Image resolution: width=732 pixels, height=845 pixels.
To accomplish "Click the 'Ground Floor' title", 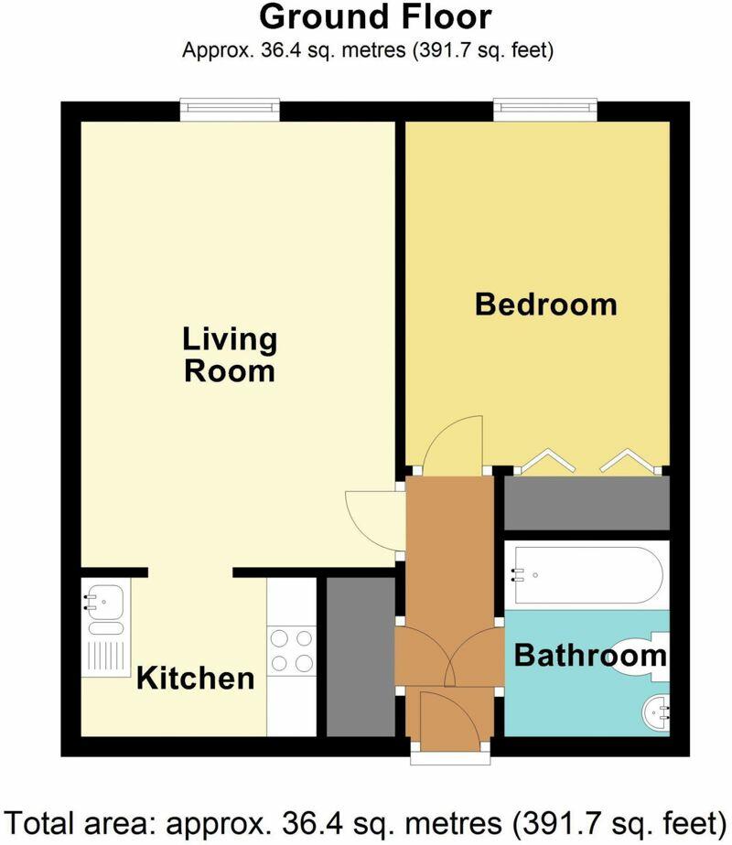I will (375, 16).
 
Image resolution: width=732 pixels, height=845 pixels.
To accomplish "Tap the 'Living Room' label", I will (230, 355).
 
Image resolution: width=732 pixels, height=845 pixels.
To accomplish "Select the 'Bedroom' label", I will (545, 304).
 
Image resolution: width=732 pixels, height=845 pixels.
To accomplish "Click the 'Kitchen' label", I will (195, 679).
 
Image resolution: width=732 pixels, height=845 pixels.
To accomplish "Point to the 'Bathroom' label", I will (590, 655).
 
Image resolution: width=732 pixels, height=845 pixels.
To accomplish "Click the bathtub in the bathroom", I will (587, 575).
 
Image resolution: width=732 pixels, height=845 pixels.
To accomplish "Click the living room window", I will (229, 110).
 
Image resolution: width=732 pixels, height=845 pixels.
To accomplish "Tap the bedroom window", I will (545, 110).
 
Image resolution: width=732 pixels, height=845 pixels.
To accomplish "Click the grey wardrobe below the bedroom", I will (587, 502).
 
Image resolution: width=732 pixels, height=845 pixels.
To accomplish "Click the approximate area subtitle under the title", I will (368, 50).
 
